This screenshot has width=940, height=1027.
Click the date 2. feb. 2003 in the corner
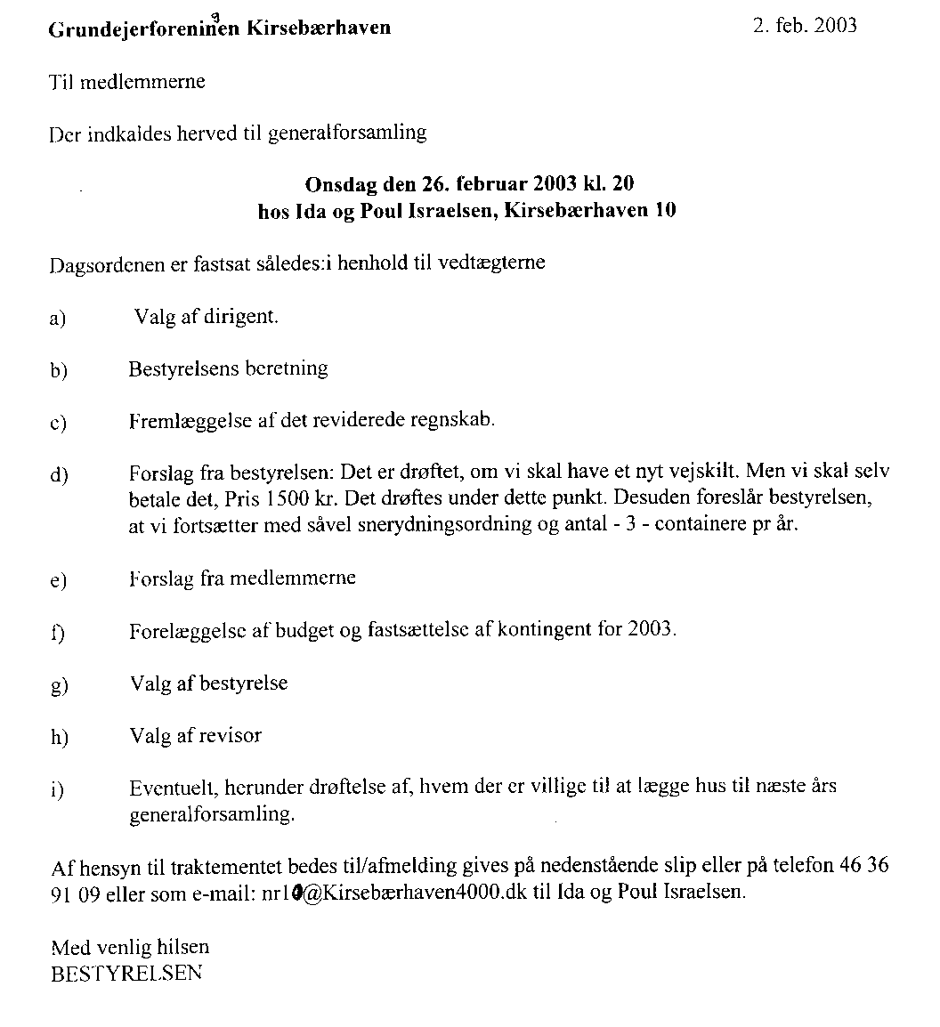(804, 25)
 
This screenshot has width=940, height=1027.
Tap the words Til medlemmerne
(126, 82)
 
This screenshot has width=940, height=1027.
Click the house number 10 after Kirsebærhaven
(665, 211)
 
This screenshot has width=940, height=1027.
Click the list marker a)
(59, 318)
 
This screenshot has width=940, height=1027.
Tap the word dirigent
(239, 316)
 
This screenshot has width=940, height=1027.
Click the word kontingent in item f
(543, 630)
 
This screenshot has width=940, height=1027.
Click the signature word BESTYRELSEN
(126, 973)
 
